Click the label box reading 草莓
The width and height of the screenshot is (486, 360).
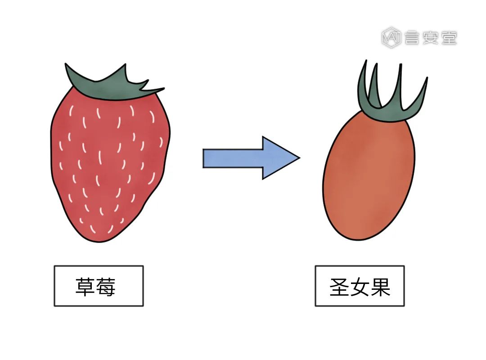99,286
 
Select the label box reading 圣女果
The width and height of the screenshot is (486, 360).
360,286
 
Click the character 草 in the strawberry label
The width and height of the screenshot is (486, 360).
85,287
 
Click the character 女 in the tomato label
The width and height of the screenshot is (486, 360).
360,287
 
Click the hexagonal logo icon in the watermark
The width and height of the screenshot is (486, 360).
391,38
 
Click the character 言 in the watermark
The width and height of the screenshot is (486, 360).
412,38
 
